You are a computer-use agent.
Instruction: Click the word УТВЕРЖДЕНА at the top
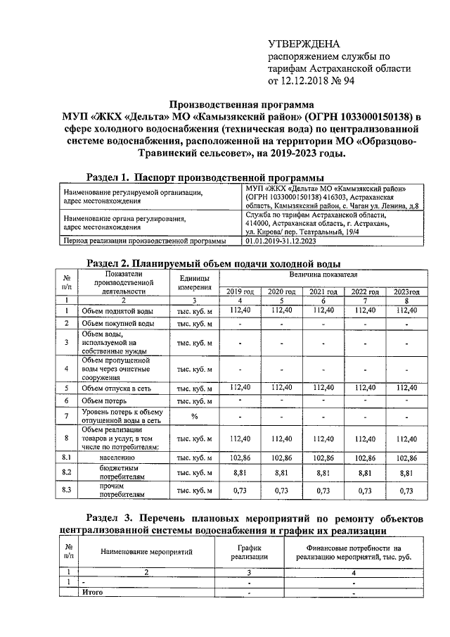pyautogui.click(x=302, y=44)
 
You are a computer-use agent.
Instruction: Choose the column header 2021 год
pyautogui.click(x=323, y=291)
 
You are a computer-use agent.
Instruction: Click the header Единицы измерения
pyautogui.click(x=195, y=282)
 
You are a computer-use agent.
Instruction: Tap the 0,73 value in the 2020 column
pyautogui.click(x=281, y=491)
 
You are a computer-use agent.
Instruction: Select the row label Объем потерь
pyautogui.click(x=105, y=401)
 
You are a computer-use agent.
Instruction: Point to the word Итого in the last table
pyautogui.click(x=93, y=593)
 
